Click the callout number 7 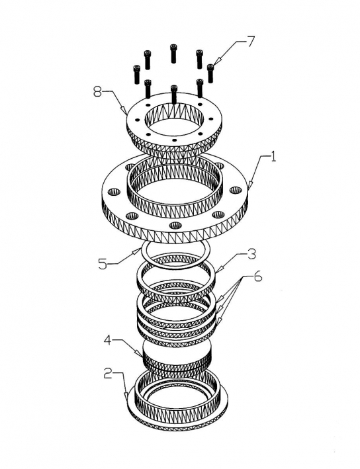[250, 42]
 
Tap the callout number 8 [98, 92]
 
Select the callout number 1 [273, 156]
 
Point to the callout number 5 [103, 263]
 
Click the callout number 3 [251, 254]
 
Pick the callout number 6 [257, 277]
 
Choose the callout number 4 [109, 341]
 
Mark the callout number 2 [109, 373]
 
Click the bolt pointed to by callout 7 [210, 73]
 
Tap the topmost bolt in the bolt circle [173, 54]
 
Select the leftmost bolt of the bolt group [137, 75]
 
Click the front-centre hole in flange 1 [175, 225]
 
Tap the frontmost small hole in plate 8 [175, 140]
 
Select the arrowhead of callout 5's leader [138, 251]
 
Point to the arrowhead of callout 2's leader [127, 394]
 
